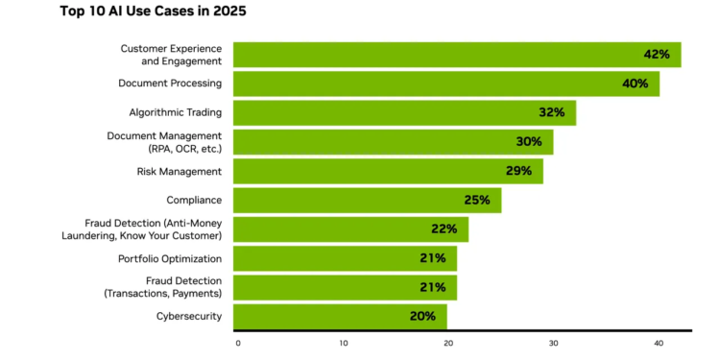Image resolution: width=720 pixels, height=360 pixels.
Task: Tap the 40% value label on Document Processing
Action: tap(634, 84)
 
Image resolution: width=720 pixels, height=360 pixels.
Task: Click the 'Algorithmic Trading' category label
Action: tap(176, 113)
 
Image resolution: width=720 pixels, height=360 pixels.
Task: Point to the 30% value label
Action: tap(529, 142)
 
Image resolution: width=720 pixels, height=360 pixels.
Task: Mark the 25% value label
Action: tap(477, 200)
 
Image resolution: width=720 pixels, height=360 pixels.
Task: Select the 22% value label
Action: tap(444, 228)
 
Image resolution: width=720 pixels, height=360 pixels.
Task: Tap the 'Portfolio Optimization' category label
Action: tap(170, 258)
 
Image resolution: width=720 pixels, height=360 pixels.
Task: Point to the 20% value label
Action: tap(422, 316)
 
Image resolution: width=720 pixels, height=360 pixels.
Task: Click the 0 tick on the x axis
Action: tap(237, 344)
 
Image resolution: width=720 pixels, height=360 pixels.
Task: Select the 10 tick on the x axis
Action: tap(343, 344)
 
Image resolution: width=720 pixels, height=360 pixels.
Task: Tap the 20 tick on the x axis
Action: tap(447, 344)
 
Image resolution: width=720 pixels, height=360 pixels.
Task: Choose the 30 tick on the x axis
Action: tap(553, 344)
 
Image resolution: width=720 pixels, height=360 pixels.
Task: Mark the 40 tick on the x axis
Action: tap(659, 344)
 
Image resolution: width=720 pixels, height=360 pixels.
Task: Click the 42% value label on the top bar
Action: tap(657, 55)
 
